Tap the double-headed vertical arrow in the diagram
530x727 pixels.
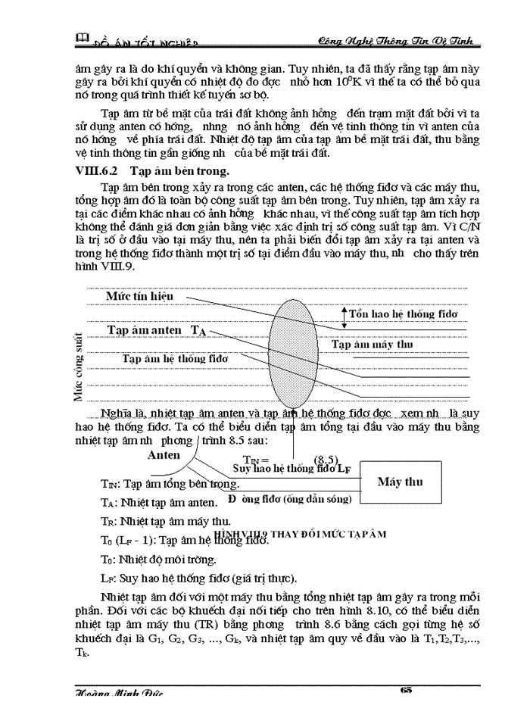344,317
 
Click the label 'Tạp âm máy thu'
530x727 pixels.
373,345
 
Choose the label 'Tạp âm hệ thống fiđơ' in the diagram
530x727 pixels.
175,357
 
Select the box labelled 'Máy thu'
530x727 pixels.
400,482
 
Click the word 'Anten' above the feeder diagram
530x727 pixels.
164,455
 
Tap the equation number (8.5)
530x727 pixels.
326,460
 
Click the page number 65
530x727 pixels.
405,689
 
